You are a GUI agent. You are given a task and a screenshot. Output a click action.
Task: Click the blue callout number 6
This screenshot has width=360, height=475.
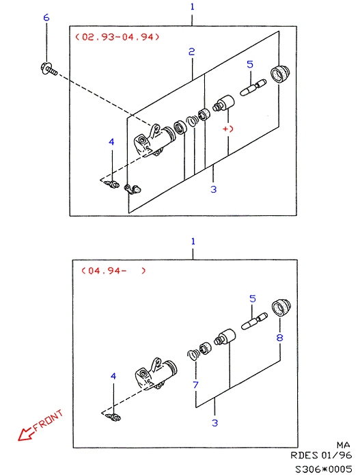(46, 17)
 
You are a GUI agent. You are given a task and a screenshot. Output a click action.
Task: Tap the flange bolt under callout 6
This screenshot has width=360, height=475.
(49, 68)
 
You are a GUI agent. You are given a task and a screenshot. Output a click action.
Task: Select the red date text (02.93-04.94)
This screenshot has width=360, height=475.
(117, 37)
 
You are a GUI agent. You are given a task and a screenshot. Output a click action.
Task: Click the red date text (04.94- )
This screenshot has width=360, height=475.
(113, 270)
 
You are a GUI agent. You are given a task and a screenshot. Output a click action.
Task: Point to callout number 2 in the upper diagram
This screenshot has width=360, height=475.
(192, 52)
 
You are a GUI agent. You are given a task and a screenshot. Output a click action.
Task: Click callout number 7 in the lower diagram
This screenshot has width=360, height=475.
(195, 385)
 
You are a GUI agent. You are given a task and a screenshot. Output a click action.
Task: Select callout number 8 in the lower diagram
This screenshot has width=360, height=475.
(279, 337)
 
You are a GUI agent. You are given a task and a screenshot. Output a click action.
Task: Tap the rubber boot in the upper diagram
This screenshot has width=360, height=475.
(280, 74)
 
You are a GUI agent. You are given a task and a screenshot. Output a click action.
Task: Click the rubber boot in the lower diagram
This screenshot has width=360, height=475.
(281, 308)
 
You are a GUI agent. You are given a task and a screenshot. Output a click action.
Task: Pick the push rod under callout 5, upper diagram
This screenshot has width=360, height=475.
(253, 88)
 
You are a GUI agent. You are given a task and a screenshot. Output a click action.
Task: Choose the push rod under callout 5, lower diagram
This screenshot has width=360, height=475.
(254, 321)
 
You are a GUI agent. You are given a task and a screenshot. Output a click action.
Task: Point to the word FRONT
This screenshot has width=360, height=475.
(48, 420)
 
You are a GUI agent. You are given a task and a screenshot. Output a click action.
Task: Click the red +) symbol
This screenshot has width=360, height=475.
(228, 128)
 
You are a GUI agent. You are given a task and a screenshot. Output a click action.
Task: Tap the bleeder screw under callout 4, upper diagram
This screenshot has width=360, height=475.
(111, 184)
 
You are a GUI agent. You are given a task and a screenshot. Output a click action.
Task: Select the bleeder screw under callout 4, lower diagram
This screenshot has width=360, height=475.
(113, 417)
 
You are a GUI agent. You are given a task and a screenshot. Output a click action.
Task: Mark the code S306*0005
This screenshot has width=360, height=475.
(323, 469)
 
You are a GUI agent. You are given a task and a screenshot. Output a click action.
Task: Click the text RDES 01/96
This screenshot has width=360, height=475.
(321, 455)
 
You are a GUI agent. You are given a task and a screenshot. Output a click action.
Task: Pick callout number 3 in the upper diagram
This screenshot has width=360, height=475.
(213, 189)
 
